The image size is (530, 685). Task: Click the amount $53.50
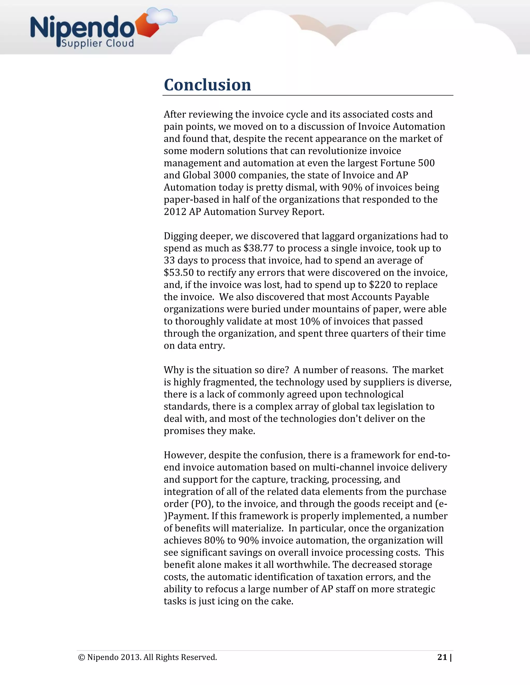(179, 272)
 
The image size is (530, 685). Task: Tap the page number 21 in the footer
(442, 657)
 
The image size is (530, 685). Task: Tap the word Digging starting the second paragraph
(181, 236)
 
